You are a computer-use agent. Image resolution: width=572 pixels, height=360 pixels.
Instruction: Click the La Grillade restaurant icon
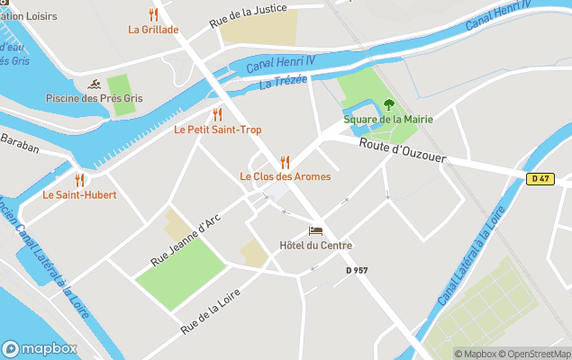click(x=153, y=14)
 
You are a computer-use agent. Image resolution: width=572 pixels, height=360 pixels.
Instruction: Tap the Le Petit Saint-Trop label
click(x=217, y=130)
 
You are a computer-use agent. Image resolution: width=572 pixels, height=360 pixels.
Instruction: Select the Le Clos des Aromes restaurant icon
click(x=285, y=162)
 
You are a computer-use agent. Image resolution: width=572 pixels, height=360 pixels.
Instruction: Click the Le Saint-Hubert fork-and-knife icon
click(x=79, y=180)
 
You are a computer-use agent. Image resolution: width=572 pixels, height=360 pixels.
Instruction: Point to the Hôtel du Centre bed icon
click(x=315, y=231)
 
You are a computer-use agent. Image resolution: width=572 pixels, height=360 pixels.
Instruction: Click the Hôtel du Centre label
click(x=315, y=246)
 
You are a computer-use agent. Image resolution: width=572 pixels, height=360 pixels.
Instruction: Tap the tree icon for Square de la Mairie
click(x=388, y=105)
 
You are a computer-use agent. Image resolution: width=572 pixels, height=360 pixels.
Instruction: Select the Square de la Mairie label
click(x=388, y=120)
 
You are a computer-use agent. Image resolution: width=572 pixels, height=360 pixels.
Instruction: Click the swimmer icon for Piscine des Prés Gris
click(x=94, y=85)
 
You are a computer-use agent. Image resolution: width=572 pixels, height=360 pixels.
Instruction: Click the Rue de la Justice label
click(x=248, y=16)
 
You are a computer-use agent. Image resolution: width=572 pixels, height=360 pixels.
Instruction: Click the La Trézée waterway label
click(x=283, y=82)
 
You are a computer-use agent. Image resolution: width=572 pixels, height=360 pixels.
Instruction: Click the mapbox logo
click(x=40, y=348)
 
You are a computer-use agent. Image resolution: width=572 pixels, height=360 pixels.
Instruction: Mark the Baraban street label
click(x=20, y=143)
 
